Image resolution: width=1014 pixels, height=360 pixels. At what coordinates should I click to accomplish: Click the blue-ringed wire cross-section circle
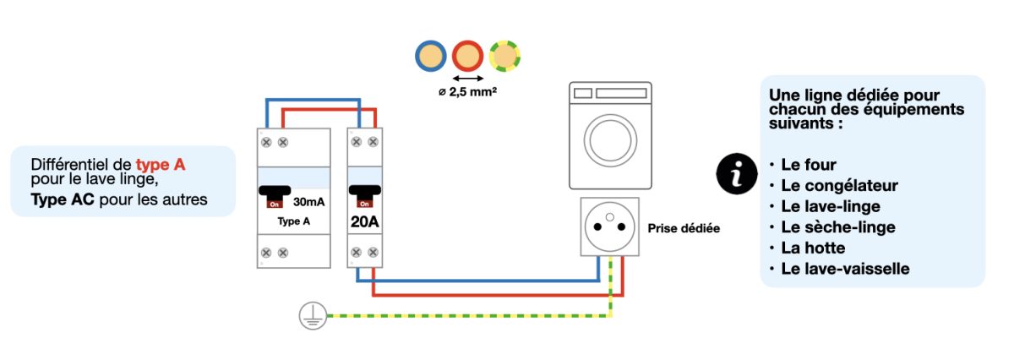430,56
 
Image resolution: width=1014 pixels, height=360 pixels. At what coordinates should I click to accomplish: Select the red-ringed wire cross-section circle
467,56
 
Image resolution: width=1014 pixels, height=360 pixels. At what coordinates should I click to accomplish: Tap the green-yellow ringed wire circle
504,56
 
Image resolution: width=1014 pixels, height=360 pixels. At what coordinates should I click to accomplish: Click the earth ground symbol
313,317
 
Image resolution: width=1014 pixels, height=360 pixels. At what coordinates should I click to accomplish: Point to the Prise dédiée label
684,228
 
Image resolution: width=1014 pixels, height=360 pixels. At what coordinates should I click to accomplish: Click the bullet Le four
808,165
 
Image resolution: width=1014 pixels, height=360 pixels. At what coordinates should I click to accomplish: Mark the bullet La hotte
813,248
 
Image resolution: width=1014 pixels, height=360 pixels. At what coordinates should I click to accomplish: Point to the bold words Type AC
61,199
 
